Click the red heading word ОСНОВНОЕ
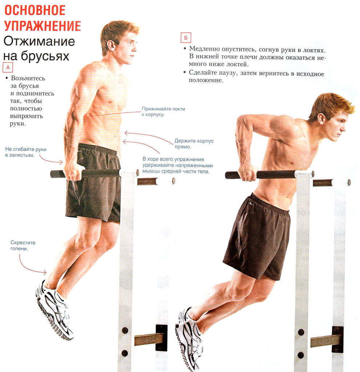click(35, 10)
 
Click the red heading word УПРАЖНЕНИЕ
click(42, 26)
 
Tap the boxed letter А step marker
click(8, 67)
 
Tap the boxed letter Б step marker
click(186, 38)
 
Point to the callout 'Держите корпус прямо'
click(189, 144)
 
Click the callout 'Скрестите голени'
click(23, 245)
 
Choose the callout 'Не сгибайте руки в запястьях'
click(26, 152)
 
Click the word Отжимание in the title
click(39, 41)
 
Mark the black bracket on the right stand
click(337, 339)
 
